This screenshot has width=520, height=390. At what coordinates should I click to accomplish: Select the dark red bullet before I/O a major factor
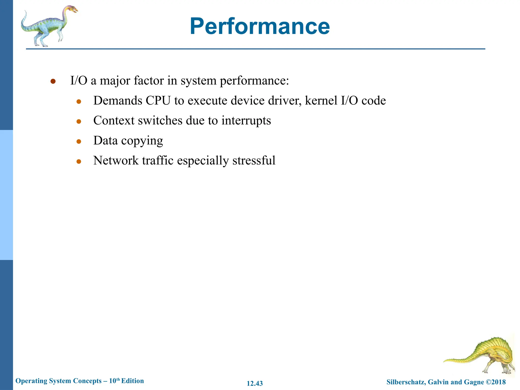[53, 81]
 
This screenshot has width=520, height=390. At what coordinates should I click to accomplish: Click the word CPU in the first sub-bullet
[158, 101]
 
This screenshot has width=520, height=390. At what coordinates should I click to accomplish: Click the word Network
[116, 160]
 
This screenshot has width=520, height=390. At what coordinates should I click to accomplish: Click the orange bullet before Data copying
[79, 142]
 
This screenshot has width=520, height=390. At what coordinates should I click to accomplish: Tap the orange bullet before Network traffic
[79, 161]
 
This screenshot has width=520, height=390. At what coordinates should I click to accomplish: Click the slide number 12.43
[255, 383]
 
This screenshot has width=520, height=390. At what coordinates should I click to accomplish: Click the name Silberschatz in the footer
[405, 382]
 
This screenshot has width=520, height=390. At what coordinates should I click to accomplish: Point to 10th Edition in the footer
[126, 381]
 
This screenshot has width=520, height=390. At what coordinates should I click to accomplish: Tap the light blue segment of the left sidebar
[6, 195]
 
